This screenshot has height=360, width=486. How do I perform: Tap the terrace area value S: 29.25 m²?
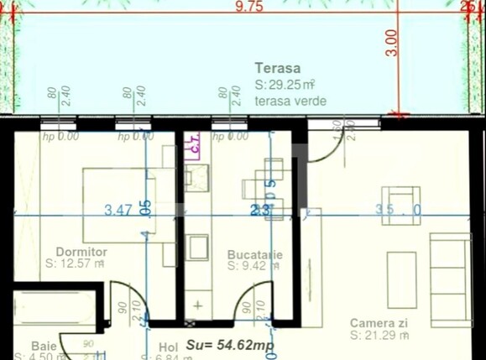point(284,85)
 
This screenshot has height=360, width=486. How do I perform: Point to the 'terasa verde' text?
point(290,101)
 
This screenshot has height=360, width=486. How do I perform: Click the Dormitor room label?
point(81,251)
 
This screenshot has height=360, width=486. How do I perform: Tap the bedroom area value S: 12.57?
point(74,263)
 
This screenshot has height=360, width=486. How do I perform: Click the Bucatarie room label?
point(254,254)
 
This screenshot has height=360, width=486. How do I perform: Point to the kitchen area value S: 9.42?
point(252,266)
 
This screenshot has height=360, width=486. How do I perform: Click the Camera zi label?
point(379,323)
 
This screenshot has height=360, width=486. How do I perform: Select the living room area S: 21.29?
point(380,336)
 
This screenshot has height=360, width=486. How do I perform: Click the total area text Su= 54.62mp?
point(230,344)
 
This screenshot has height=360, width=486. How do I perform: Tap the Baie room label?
point(44,345)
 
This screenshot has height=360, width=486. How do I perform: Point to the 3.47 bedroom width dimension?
point(118,211)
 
